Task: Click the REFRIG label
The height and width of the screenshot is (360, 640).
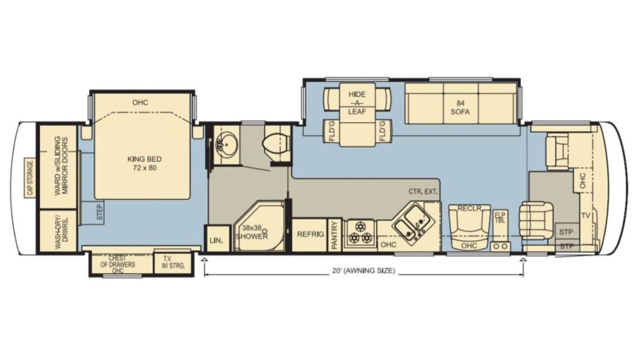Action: click(310, 234)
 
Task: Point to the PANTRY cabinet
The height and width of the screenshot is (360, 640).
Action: click(335, 235)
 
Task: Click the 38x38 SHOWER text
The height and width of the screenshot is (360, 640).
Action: click(252, 232)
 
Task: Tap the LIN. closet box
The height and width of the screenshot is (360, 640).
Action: click(218, 238)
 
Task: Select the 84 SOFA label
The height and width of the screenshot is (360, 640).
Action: click(460, 107)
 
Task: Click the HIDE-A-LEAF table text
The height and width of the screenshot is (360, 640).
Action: click(357, 103)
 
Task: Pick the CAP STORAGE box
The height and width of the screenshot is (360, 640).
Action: click(30, 178)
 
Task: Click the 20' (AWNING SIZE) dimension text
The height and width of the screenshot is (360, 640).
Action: click(363, 270)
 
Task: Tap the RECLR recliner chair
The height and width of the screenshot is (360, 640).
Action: click(469, 228)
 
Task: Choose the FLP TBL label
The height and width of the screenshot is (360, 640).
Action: click(500, 217)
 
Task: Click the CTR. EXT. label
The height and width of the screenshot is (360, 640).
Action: click(423, 191)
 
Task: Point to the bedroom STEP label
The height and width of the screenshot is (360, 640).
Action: click(100, 212)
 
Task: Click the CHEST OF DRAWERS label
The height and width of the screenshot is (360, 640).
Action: click(117, 265)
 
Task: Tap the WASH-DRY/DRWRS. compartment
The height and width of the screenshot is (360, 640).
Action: click(58, 231)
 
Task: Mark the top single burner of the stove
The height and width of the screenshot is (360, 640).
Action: click(360, 227)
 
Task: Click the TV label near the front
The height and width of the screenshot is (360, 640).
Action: click(586, 216)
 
